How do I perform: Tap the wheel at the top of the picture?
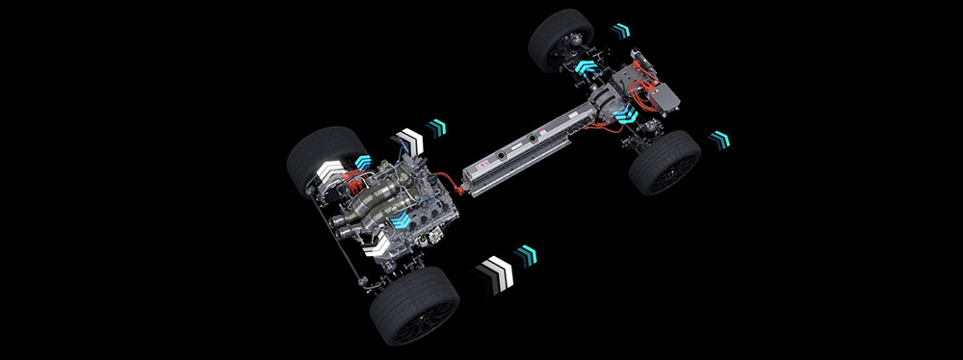[560, 39]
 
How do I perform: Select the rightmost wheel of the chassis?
[664, 161]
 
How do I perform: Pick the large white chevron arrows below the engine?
[497, 271]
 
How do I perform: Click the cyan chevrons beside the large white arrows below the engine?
[525, 255]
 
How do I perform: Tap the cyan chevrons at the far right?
[718, 139]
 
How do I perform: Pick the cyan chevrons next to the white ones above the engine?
[437, 127]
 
